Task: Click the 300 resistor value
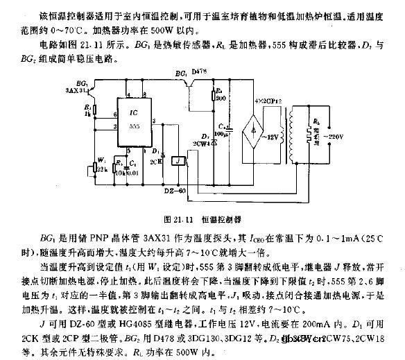(x=221, y=100)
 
